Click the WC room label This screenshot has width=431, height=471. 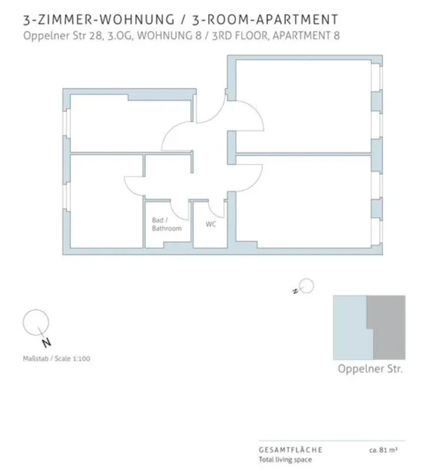tap(210, 224)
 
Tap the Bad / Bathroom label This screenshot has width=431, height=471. tap(167, 224)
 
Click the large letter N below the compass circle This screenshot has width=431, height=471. tap(46, 343)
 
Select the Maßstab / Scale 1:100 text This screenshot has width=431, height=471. tap(57, 358)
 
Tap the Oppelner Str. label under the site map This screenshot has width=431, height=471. tap(370, 368)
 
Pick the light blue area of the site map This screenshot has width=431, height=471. tap(351, 328)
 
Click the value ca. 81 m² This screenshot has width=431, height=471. tap(383, 450)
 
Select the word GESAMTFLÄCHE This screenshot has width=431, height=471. tap(291, 450)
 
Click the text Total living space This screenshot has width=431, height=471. tap(285, 460)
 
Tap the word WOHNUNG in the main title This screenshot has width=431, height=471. tap(137, 20)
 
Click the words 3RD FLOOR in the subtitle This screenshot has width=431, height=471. tap(239, 36)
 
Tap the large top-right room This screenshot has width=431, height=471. tap(303, 106)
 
